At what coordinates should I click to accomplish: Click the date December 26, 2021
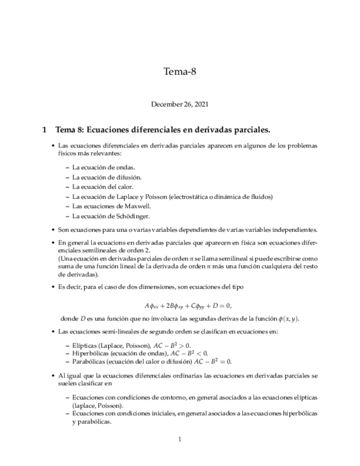180,103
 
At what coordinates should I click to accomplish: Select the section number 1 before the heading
45,130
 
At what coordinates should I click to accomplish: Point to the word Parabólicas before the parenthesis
90,362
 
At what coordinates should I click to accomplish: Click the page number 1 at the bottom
180,440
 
